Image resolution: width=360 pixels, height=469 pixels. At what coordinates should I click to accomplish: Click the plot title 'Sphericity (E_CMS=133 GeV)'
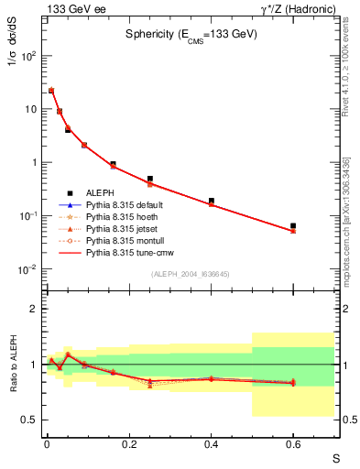click(x=191, y=33)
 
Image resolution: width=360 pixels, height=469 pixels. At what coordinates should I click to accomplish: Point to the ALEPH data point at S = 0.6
click(x=293, y=225)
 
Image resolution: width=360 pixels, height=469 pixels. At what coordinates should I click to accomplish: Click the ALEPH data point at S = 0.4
click(x=211, y=201)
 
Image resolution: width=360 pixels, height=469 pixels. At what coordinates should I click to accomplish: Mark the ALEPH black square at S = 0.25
click(x=149, y=179)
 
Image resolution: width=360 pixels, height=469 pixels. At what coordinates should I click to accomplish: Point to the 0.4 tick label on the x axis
click(x=211, y=444)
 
